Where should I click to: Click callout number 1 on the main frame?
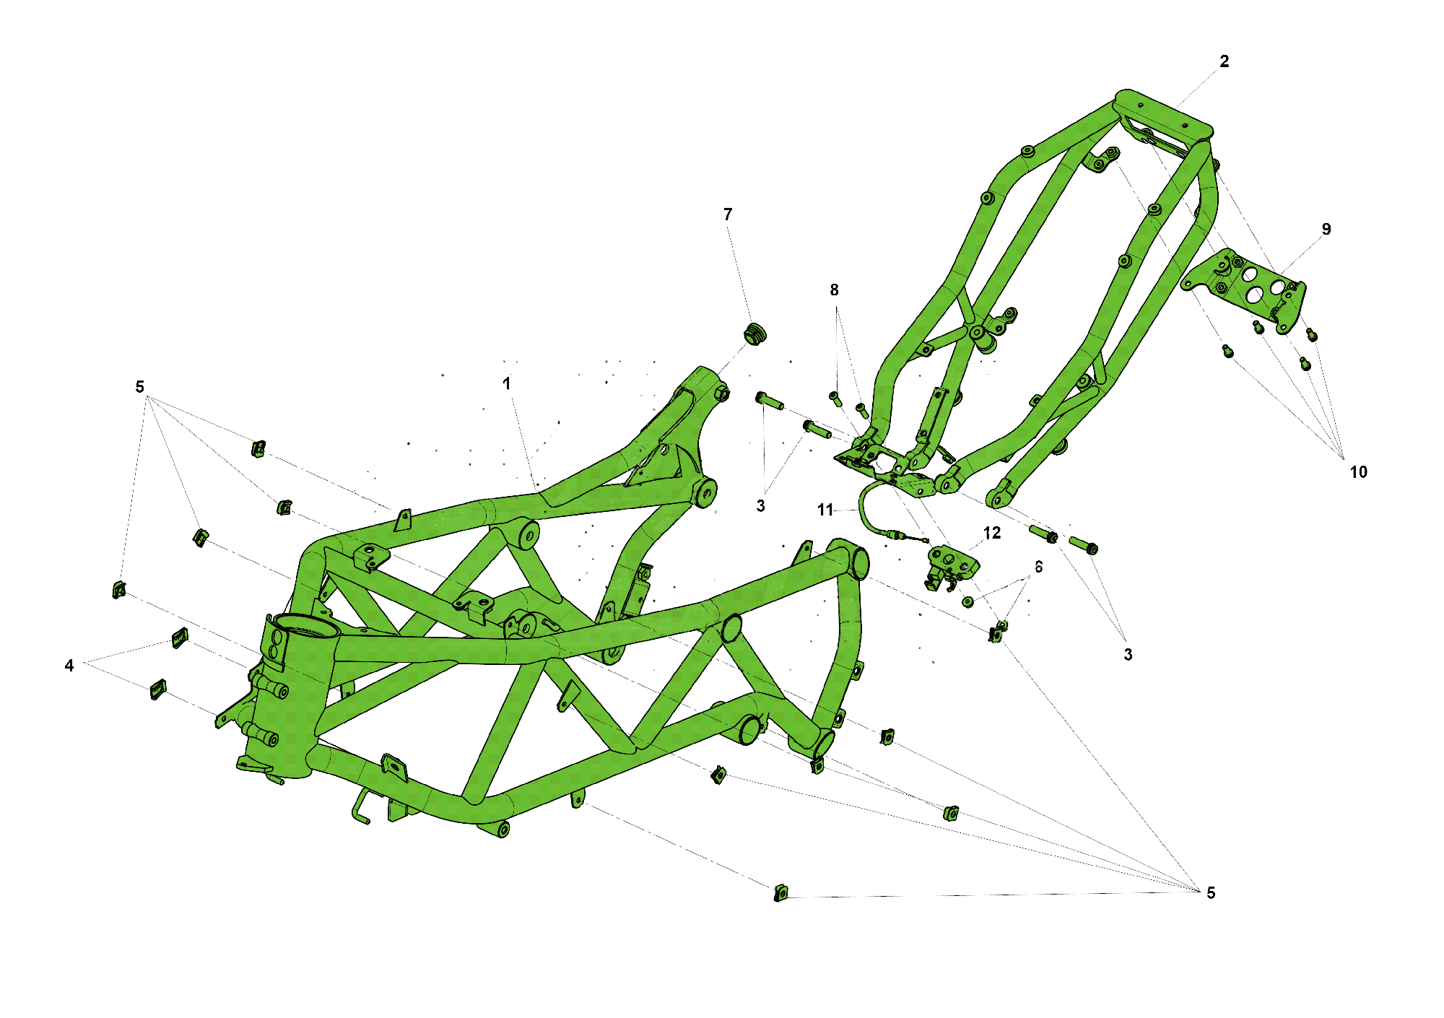(507, 383)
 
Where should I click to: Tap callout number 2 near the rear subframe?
(1224, 62)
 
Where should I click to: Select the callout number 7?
(728, 214)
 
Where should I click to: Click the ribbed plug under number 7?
(754, 334)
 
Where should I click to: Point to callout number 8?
(834, 290)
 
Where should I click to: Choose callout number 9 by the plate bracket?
(1326, 230)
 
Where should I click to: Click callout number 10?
(1358, 472)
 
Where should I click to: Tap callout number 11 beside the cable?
(825, 510)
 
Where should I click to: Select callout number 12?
(991, 533)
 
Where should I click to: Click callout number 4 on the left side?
(69, 666)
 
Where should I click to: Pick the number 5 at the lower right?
(1211, 893)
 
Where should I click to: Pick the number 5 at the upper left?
(140, 387)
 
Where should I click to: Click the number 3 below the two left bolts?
(760, 506)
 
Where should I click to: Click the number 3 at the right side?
(1128, 655)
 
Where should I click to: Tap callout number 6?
(1038, 567)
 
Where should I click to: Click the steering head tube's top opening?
(305, 626)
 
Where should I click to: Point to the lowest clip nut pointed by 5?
(780, 893)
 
